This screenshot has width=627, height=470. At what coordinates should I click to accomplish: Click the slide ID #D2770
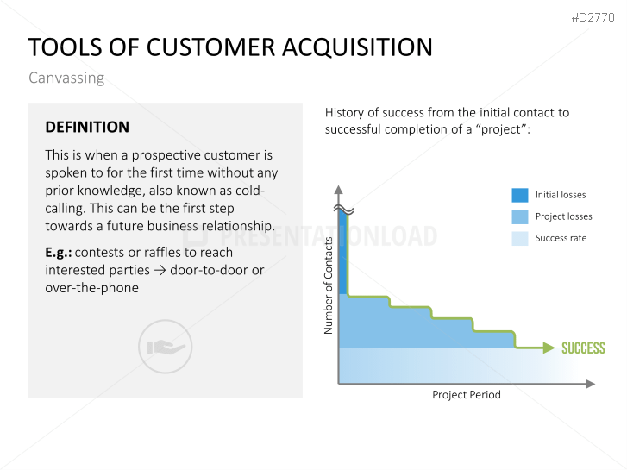click(x=593, y=17)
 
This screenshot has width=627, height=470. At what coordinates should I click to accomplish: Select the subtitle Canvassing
click(x=66, y=78)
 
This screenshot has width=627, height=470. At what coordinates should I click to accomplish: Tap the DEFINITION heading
click(x=87, y=127)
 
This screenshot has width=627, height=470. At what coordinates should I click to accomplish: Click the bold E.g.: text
click(x=59, y=253)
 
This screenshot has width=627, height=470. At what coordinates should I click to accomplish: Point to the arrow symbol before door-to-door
click(x=160, y=271)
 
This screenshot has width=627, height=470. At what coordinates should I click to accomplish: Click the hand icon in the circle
click(x=166, y=347)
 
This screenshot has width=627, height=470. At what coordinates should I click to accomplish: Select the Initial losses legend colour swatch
click(x=520, y=195)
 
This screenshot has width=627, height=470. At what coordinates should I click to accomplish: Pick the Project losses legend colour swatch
click(x=520, y=216)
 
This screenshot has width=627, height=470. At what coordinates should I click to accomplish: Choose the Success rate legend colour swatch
click(x=520, y=238)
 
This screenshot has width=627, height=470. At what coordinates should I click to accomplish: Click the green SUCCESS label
click(x=583, y=348)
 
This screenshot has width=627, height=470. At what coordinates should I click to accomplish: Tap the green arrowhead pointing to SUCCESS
click(x=549, y=348)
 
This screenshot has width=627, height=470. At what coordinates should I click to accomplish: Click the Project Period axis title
click(x=467, y=395)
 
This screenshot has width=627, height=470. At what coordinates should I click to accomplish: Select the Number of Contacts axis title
click(x=329, y=285)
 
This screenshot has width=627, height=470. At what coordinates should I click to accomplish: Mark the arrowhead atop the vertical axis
click(x=339, y=190)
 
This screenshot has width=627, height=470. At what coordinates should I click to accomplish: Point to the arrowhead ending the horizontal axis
click(x=591, y=384)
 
